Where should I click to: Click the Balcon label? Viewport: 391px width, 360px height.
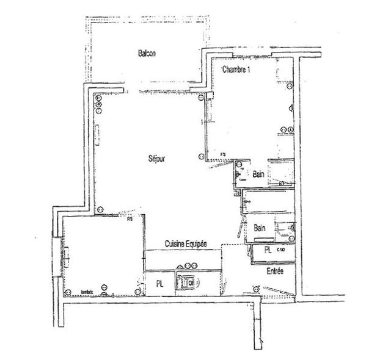[x=147, y=53]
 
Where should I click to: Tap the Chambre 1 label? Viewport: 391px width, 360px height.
[x=236, y=69]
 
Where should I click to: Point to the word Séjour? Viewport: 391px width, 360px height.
[x=157, y=159]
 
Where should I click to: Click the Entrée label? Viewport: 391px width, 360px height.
[x=275, y=270]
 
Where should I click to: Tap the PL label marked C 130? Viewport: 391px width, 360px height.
[x=268, y=250]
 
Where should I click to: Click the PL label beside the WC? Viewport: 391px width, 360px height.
[x=160, y=283]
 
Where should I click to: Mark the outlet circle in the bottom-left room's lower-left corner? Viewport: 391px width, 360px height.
[x=104, y=289]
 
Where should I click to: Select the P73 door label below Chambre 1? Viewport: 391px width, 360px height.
[x=224, y=154]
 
